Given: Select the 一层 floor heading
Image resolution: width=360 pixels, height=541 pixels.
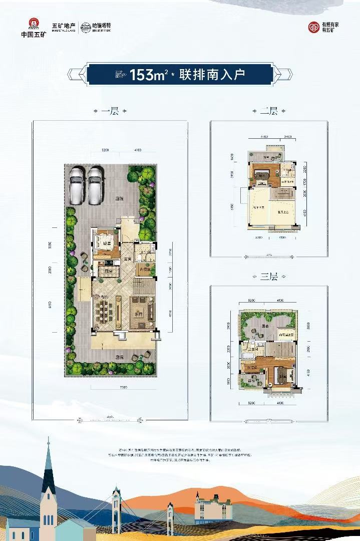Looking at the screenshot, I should coord(109,112).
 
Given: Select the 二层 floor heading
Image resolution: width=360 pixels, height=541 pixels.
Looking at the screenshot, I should coord(268,112).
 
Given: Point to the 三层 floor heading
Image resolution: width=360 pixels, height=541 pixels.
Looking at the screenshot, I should coord(268,277).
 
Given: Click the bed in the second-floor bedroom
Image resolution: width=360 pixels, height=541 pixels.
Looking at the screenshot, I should coord(262,175).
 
